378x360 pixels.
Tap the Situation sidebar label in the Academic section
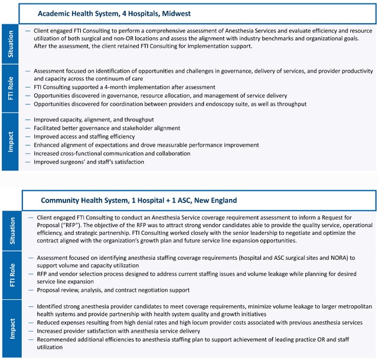pos(10,43)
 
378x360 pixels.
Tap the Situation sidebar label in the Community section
pos(10,231)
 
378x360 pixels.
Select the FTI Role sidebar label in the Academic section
pos(10,86)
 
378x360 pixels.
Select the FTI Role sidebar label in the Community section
pos(10,274)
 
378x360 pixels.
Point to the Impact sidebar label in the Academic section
pos(10,140)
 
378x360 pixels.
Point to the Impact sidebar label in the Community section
pos(10,328)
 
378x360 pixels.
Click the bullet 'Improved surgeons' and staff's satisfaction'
pos(89,162)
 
